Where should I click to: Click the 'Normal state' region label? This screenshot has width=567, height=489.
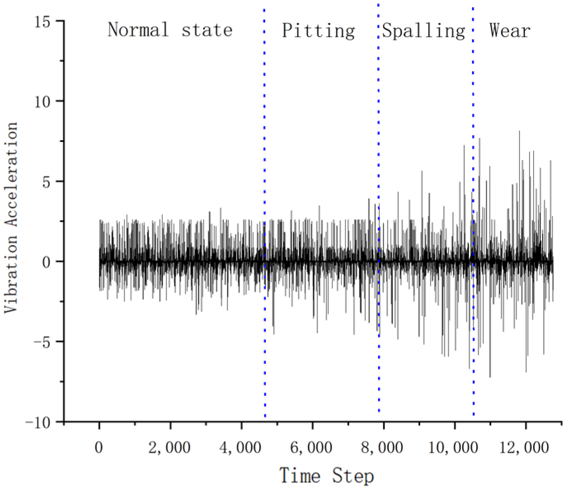click(x=170, y=30)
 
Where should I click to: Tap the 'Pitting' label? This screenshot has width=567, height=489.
click(x=318, y=31)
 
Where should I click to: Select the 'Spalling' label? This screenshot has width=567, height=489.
click(x=423, y=31)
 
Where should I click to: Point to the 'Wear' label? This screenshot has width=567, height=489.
click(x=510, y=31)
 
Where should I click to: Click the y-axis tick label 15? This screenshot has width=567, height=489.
click(x=42, y=21)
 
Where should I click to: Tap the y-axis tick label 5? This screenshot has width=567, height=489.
click(x=46, y=181)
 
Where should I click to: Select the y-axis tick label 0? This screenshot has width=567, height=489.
click(x=46, y=262)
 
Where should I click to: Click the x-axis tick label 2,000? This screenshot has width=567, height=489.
click(x=169, y=447)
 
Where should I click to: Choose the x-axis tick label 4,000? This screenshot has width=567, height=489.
click(x=240, y=447)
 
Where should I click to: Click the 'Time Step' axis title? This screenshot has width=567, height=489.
click(x=327, y=476)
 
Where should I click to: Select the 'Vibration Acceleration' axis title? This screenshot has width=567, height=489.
click(x=11, y=217)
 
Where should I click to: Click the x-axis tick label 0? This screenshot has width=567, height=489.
click(x=99, y=447)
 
